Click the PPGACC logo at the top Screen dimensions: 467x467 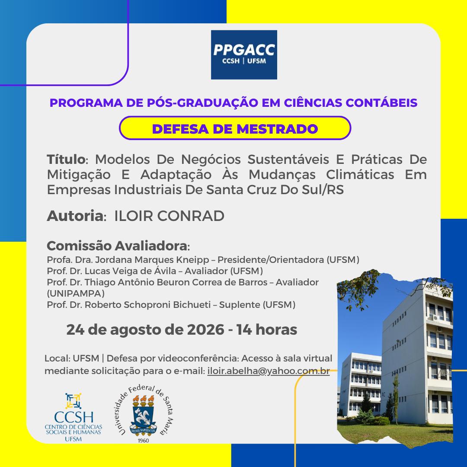click(x=244, y=55)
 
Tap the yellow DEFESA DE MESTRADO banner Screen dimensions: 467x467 click(x=235, y=128)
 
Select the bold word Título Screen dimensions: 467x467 click(x=66, y=159)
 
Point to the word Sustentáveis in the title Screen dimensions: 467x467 click(x=288, y=159)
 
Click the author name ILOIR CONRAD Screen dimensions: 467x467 click(x=169, y=216)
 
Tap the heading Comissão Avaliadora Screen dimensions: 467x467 click(x=117, y=246)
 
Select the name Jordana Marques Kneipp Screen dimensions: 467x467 click(x=152, y=260)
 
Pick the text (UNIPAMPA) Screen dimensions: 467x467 click(x=76, y=293)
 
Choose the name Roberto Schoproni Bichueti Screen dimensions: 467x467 click(x=148, y=305)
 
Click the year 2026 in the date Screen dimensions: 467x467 click(x=205, y=329)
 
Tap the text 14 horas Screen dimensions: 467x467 click(x=267, y=329)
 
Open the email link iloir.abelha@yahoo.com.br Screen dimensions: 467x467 click(x=269, y=371)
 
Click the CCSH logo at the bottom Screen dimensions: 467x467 click(x=74, y=417)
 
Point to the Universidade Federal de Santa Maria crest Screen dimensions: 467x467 click(x=143, y=413)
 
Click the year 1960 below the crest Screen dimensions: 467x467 click(x=143, y=440)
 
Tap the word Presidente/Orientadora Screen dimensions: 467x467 click(x=271, y=260)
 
